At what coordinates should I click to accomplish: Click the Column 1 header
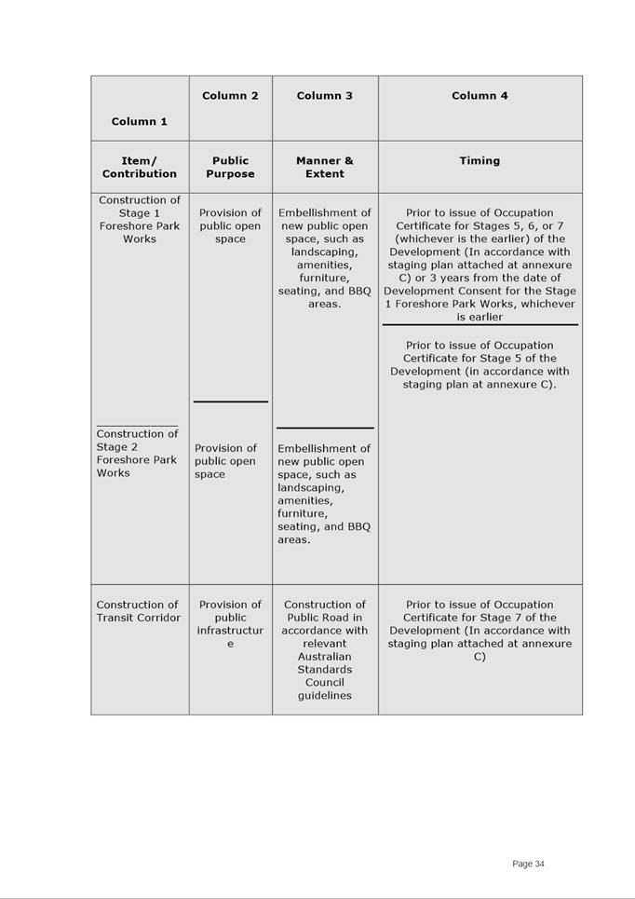140,121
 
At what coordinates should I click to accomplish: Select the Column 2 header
230,95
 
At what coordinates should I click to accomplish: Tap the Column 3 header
324,95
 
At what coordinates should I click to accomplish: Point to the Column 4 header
480,95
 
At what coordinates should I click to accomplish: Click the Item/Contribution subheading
140,167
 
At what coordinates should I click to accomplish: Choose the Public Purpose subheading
230,167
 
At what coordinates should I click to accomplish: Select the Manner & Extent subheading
324,167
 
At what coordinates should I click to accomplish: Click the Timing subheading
480,160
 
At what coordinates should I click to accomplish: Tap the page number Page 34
528,864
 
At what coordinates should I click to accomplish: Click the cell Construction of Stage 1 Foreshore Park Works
140,219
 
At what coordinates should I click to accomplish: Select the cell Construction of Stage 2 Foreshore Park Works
137,453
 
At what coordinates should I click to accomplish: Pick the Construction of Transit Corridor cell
139,611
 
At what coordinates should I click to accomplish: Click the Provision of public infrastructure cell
230,624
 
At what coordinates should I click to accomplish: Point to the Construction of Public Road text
324,611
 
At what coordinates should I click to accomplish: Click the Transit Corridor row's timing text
480,631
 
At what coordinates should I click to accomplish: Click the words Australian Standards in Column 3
324,662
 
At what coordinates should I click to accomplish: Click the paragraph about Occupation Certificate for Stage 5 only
480,364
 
